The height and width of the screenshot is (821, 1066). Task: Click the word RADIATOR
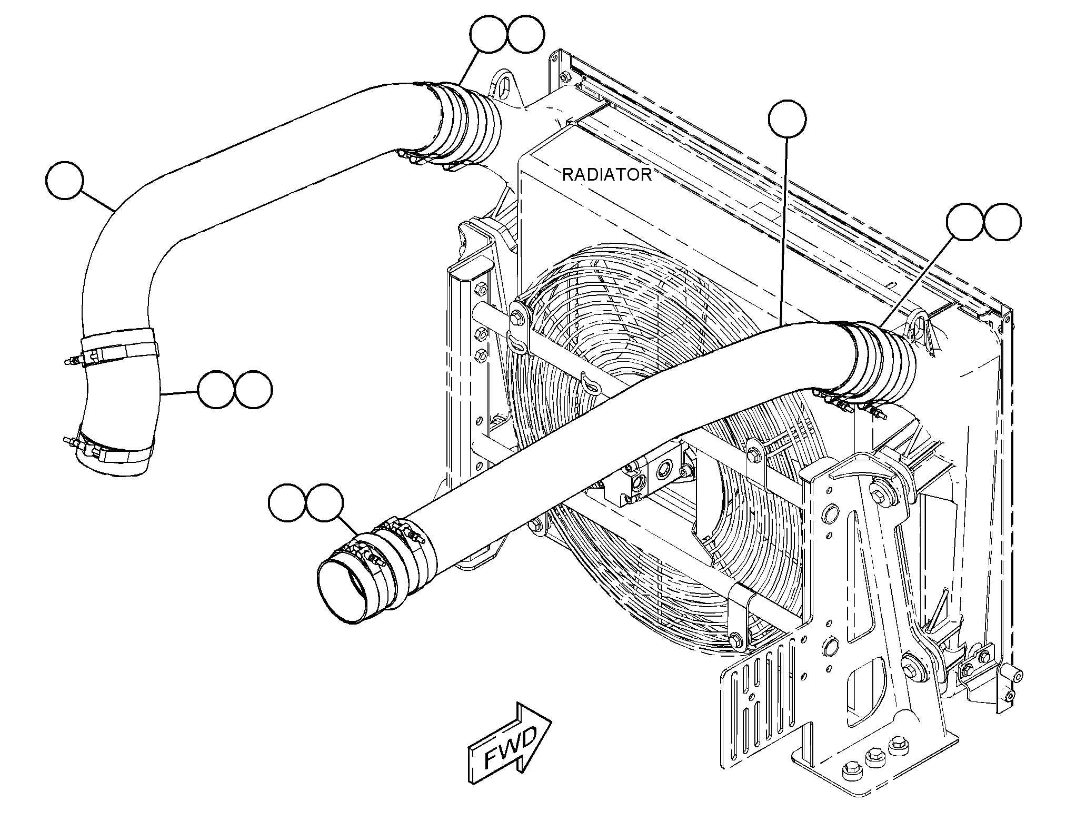[x=606, y=174]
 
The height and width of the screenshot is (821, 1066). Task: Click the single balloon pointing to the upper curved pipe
[x=65, y=181]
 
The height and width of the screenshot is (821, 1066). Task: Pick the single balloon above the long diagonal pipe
[x=787, y=120]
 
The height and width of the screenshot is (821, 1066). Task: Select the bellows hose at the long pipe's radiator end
[x=879, y=363]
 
